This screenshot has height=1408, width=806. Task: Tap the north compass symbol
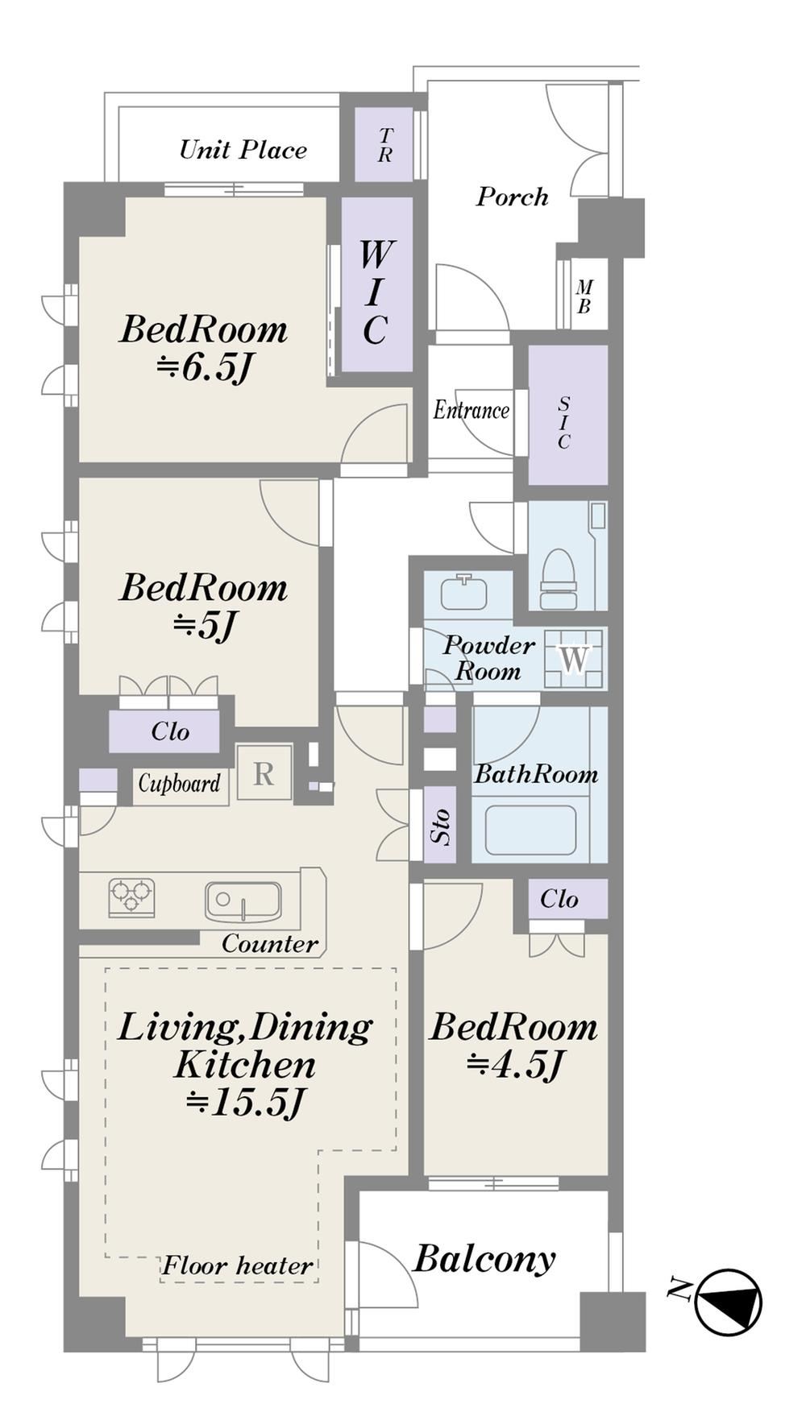pos(727,1302)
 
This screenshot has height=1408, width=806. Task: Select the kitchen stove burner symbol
pos(131,897)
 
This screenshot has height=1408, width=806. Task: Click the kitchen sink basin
pos(243,901)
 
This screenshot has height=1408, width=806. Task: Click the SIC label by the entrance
pos(563,422)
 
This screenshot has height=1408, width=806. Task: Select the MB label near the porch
pos(584,296)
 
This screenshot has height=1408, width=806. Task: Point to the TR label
pos(384,145)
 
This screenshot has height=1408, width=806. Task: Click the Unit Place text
pos(243,150)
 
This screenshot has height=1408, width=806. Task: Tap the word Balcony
pos(484,1258)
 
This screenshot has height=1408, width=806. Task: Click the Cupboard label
pos(179,783)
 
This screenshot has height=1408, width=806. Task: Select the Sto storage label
pos(440,827)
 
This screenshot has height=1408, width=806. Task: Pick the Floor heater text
pos(237,1265)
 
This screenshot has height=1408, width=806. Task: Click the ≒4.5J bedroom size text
pos(513,1065)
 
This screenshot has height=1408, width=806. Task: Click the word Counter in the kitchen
pos(270,943)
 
